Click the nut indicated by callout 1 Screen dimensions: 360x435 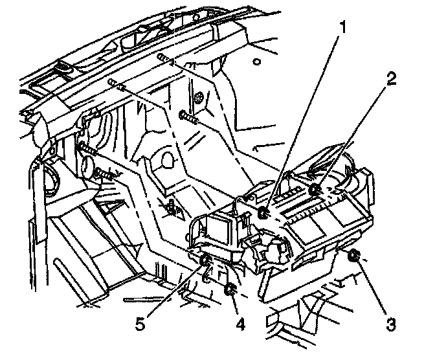pos(263,214)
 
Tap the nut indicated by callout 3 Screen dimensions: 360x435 pos(353,258)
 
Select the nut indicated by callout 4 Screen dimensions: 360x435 pos(230,289)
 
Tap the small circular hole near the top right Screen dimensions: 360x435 pos(258,62)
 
